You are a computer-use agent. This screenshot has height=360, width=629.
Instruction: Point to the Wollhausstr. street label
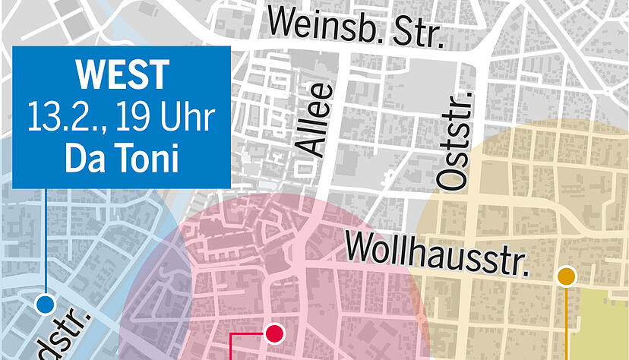pyautogui.click(x=437, y=253)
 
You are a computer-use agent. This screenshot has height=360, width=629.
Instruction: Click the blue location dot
pyautogui.click(x=46, y=305)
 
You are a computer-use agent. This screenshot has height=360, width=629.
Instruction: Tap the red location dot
pyautogui.click(x=274, y=332)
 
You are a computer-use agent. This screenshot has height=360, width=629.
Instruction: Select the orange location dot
pyautogui.click(x=567, y=276)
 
